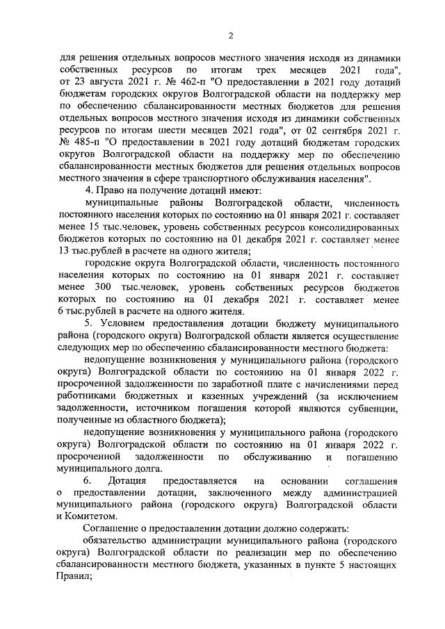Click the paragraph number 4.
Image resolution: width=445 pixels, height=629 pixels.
[87, 190]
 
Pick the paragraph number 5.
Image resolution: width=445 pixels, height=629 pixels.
[87, 323]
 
